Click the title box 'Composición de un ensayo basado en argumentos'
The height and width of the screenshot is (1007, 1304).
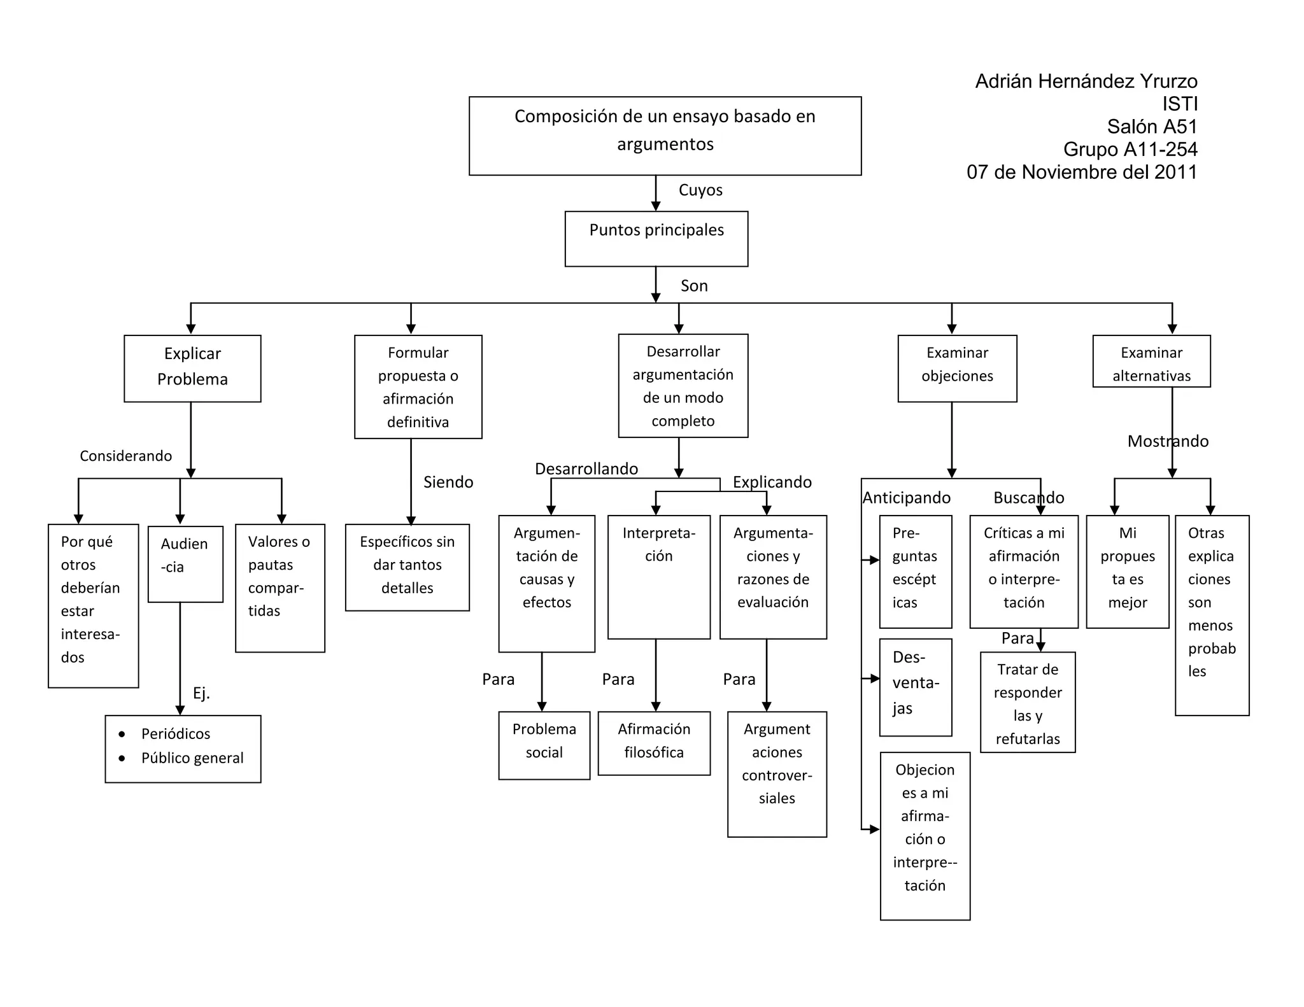[665, 136]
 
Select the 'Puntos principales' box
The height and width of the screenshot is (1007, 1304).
[656, 239]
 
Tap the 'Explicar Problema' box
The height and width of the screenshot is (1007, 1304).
[192, 369]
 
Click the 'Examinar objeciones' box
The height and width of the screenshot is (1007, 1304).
[957, 369]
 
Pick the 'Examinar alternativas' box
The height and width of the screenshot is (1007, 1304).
[1151, 361]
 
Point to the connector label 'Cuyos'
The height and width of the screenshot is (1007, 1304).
[700, 190]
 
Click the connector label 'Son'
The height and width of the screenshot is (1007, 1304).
[694, 286]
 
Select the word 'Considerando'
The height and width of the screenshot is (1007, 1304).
[125, 456]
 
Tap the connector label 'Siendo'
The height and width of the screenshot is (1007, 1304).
[448, 482]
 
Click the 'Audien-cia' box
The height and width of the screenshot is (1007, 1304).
[185, 564]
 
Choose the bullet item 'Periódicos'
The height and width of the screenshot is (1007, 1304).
[176, 734]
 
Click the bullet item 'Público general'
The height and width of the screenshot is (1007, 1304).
[192, 758]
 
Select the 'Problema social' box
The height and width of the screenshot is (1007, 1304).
[544, 745]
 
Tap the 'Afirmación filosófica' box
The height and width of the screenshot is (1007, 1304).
[654, 743]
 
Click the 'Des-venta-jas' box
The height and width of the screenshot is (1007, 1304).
[916, 687]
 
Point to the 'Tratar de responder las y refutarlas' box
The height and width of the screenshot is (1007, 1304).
[1028, 702]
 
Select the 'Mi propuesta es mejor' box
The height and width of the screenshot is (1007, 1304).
[1128, 572]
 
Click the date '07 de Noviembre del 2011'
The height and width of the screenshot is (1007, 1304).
[1082, 172]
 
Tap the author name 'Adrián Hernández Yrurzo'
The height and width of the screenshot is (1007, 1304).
[1086, 81]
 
